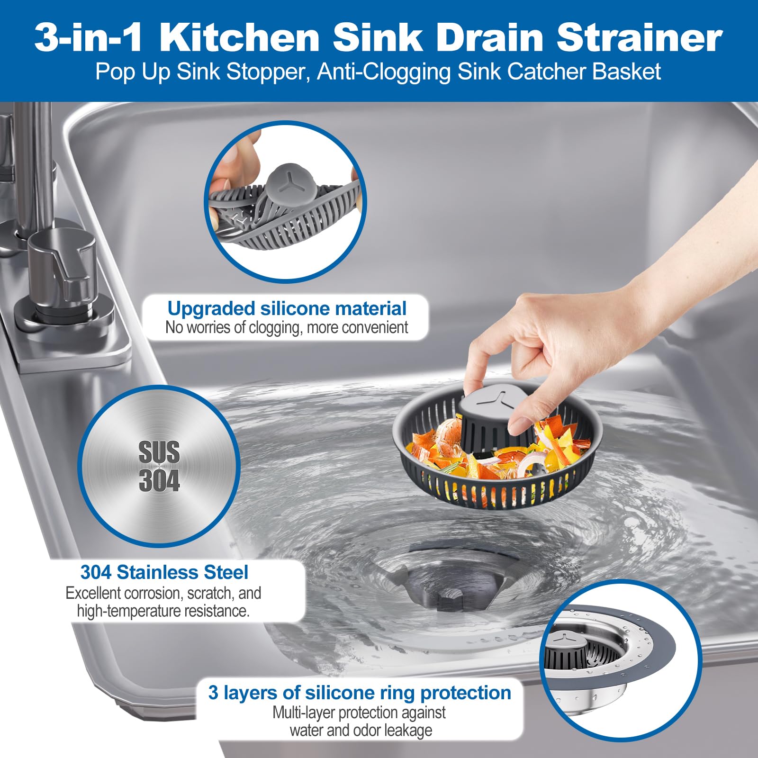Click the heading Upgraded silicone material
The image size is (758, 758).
coord(287,308)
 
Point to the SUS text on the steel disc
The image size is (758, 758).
coord(159,452)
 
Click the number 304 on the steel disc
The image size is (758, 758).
coord(159,480)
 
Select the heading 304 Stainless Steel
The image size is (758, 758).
coord(164,572)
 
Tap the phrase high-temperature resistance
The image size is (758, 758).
coord(163,611)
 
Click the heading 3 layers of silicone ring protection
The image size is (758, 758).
coord(360,693)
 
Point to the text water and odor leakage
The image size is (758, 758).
coord(361,730)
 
